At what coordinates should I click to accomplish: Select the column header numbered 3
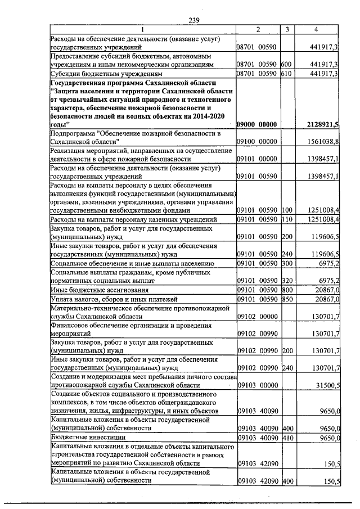click(x=287, y=29)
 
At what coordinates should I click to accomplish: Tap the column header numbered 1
click(x=142, y=29)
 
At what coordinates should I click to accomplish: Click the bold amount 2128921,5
click(x=320, y=124)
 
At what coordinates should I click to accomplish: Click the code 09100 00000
click(x=257, y=143)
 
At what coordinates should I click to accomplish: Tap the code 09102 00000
click(x=257, y=317)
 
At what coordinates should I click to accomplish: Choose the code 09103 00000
click(x=257, y=385)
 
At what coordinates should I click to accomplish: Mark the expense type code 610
click(x=285, y=73)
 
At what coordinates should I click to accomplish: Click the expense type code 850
click(x=285, y=299)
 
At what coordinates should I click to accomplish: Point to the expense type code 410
click(x=285, y=436)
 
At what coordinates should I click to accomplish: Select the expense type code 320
click(x=285, y=281)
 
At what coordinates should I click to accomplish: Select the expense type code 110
click(x=285, y=219)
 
